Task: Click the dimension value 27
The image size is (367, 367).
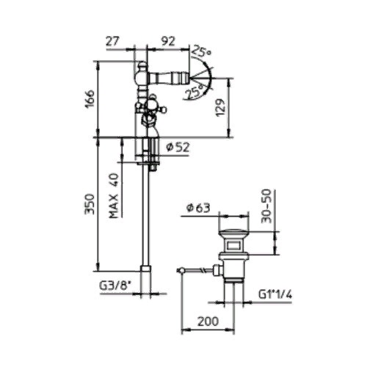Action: [x=112, y=41]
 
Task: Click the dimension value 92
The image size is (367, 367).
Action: [x=168, y=41]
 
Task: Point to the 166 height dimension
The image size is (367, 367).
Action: [x=90, y=99]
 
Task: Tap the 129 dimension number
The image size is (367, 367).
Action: [x=221, y=108]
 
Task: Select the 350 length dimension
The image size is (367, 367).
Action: [x=90, y=204]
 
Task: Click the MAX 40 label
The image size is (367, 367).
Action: [x=114, y=195]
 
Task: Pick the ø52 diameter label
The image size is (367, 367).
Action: [x=178, y=147]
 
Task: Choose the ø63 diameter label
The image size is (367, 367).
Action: [x=198, y=208]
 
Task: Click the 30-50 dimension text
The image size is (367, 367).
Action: [x=266, y=206]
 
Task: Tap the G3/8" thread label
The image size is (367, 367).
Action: [x=115, y=286]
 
